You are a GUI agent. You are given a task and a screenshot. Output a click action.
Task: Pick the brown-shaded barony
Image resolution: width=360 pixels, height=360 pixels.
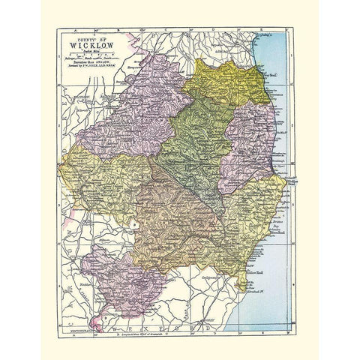point(176,214)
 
